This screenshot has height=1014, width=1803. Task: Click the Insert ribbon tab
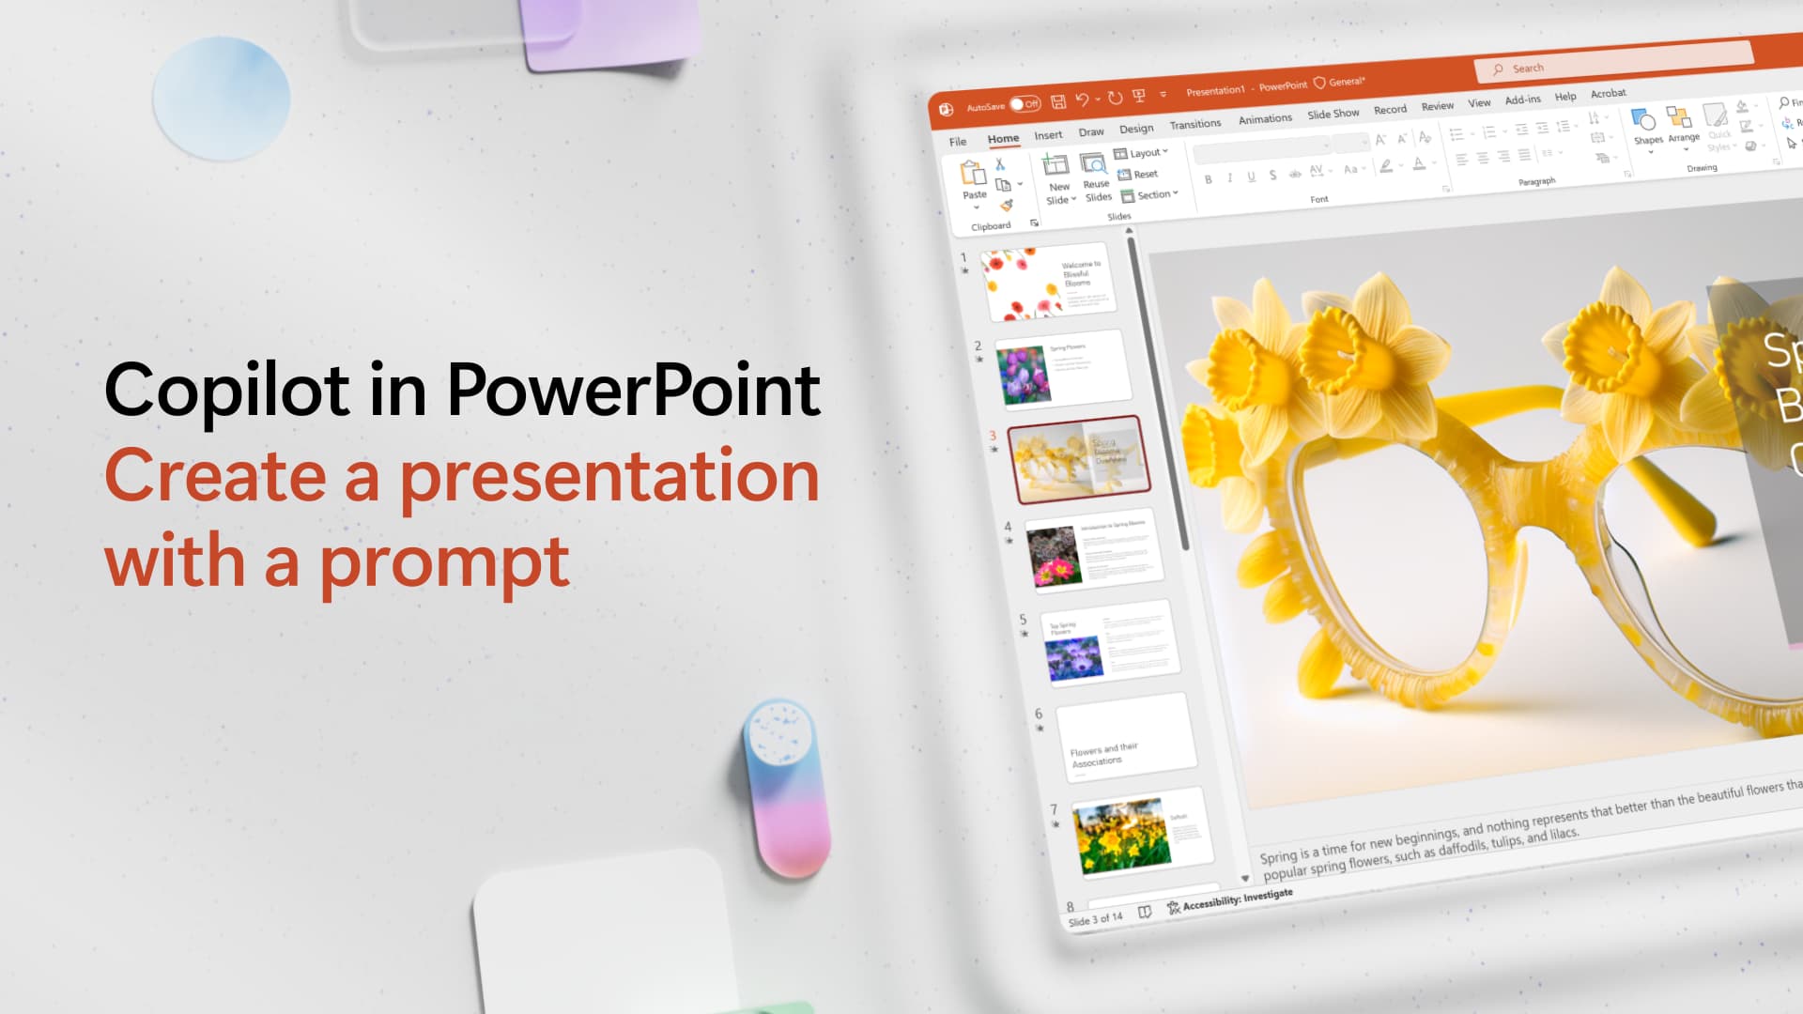tap(1048, 135)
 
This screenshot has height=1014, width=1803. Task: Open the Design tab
tap(1136, 129)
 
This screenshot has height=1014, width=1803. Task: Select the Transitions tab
tap(1194, 124)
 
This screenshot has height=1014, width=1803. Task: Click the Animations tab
tap(1265, 119)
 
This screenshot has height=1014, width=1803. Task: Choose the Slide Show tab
tap(1333, 114)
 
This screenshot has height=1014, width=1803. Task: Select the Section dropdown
tap(1149, 195)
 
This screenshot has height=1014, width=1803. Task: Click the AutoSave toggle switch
tap(1025, 103)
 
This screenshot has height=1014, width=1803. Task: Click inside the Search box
tap(1615, 62)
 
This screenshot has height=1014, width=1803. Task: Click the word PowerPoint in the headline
tap(633, 391)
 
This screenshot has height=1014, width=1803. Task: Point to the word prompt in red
tap(444, 563)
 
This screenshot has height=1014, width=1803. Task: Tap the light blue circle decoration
tap(222, 98)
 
